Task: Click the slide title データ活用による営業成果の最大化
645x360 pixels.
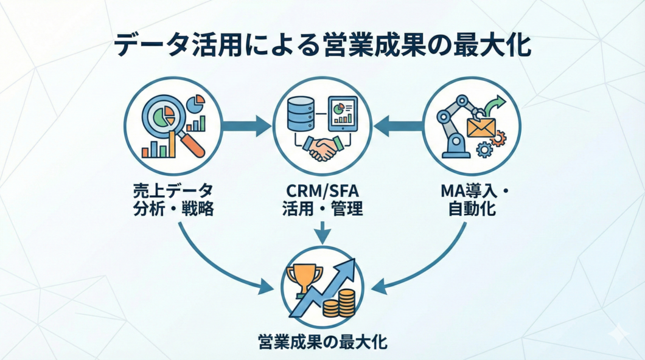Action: coord(322,47)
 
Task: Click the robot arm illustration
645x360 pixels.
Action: coord(458,125)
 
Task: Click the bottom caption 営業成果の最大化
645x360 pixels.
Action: coord(322,341)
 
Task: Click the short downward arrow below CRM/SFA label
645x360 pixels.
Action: coord(323,232)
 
